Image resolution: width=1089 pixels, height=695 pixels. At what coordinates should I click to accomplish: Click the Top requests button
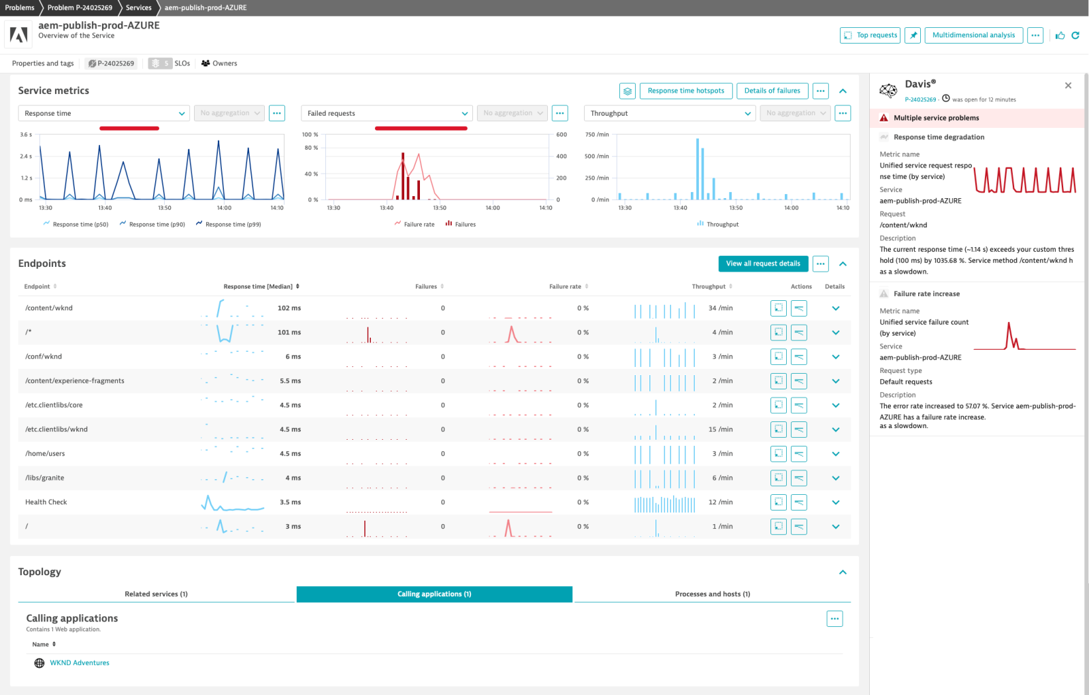[871, 35]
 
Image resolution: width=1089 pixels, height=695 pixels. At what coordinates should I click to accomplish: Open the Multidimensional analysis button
[973, 35]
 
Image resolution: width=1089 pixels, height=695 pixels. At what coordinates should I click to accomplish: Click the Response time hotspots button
[685, 91]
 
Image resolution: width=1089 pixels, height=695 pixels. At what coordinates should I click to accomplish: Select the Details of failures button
[772, 91]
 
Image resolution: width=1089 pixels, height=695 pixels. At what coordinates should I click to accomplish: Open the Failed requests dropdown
[387, 114]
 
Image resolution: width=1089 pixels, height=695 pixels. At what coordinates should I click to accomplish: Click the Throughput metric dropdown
[670, 114]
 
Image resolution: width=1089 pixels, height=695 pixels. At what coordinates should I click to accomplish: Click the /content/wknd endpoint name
[49, 308]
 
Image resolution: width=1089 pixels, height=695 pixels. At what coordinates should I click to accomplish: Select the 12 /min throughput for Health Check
[720, 502]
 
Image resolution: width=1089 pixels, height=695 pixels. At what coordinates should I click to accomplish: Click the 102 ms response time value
[289, 308]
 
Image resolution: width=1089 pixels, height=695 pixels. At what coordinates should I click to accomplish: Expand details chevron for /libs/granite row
[835, 478]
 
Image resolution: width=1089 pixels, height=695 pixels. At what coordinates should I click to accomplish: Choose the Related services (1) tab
[156, 594]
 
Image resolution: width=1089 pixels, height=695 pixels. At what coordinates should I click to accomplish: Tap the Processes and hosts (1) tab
[712, 594]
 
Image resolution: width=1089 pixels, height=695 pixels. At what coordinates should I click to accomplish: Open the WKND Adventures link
[79, 663]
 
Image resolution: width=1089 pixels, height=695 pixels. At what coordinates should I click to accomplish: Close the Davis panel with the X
[1068, 86]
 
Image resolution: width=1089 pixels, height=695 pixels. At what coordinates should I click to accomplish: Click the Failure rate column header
[565, 287]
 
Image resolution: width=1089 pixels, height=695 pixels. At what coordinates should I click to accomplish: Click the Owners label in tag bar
[224, 63]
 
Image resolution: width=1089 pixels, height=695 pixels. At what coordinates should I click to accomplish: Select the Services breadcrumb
[138, 7]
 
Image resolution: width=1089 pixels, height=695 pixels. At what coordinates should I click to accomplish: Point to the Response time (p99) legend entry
[233, 224]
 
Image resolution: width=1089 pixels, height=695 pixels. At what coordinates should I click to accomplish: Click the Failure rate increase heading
[926, 294]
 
